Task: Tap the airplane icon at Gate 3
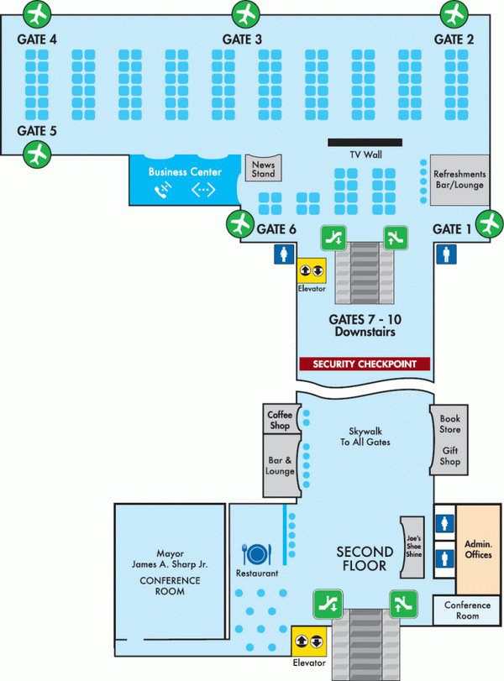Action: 244,13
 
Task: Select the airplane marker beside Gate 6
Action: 240,224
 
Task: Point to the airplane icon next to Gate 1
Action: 488,224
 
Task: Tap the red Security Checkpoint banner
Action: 365,364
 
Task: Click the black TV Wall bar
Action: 365,142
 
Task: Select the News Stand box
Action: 263,169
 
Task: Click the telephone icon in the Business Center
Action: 162,191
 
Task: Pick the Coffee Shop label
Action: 279,420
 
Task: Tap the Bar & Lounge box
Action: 280,465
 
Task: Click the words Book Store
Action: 450,423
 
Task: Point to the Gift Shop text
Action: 450,456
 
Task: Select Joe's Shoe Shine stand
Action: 412,547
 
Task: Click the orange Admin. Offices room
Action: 478,549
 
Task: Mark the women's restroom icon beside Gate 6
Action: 282,254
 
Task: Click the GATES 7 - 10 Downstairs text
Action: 365,326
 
